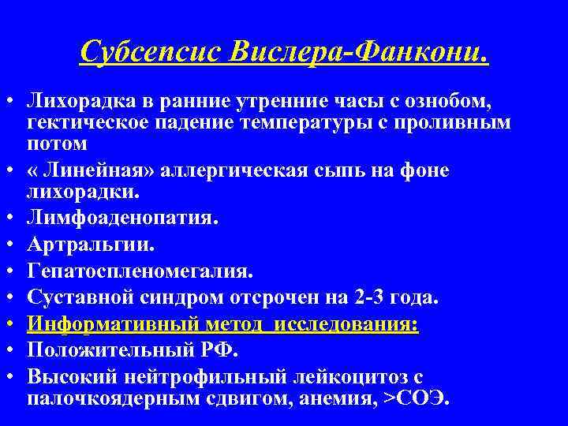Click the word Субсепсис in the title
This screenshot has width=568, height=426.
(150, 52)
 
